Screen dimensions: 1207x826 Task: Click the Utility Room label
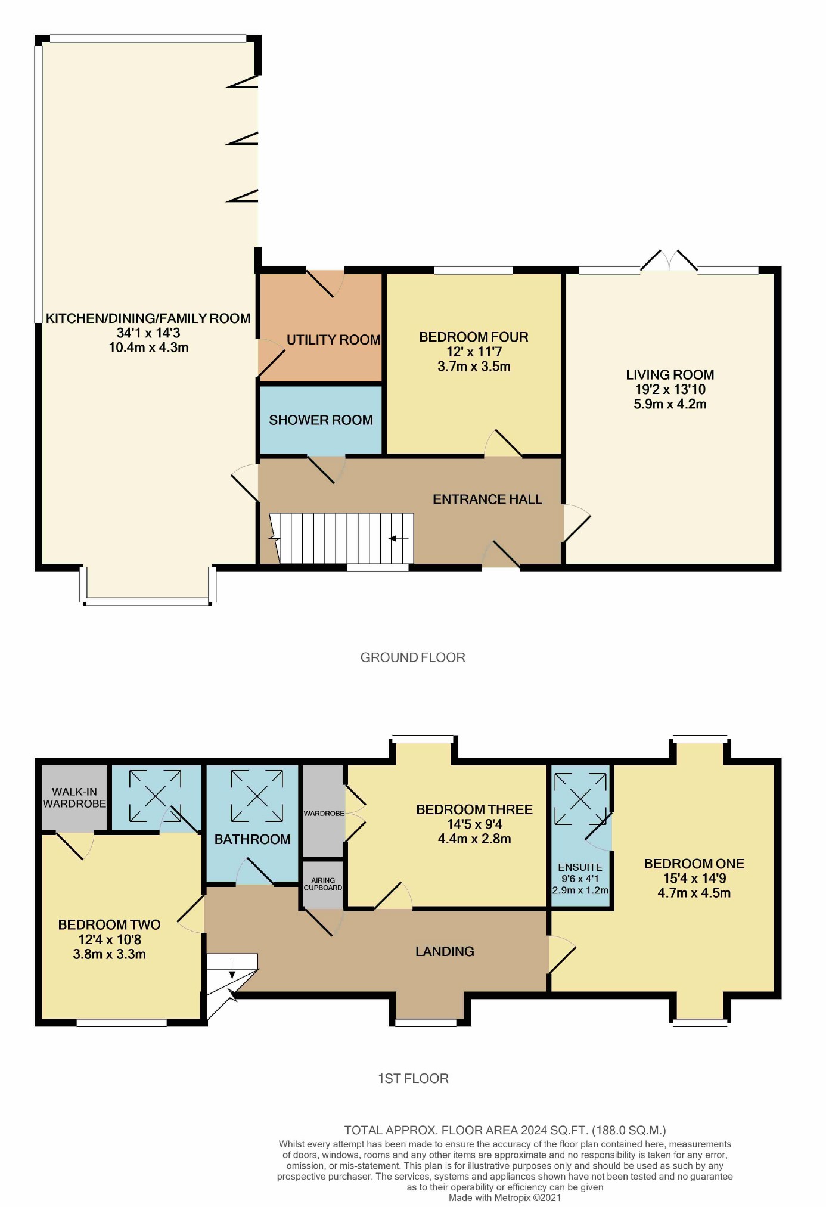pyautogui.click(x=333, y=340)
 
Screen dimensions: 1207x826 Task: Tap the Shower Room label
pyautogui.click(x=321, y=420)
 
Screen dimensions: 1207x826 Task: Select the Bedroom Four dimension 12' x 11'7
pyautogui.click(x=474, y=352)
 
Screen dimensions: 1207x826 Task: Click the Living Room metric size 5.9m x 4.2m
pyautogui.click(x=670, y=404)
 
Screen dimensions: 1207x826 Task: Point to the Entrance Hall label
pyautogui.click(x=487, y=499)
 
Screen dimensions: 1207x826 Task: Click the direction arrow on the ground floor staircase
pyautogui.click(x=399, y=539)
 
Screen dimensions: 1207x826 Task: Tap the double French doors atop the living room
pyautogui.click(x=669, y=261)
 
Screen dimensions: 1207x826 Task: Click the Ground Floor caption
pyautogui.click(x=412, y=657)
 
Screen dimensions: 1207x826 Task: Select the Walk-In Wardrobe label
pyautogui.click(x=74, y=798)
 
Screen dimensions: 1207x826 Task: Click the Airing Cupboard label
pyautogui.click(x=323, y=884)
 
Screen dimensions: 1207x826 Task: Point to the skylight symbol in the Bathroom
pyautogui.click(x=257, y=796)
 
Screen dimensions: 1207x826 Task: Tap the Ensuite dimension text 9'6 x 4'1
pyautogui.click(x=580, y=879)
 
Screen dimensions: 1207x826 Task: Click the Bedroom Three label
pyautogui.click(x=474, y=809)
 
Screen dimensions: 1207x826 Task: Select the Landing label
pyautogui.click(x=445, y=951)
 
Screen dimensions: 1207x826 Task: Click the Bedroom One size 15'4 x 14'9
pyautogui.click(x=694, y=878)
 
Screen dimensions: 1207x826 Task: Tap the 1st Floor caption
pyautogui.click(x=413, y=1078)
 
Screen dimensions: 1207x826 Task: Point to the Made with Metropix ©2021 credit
pyautogui.click(x=505, y=1197)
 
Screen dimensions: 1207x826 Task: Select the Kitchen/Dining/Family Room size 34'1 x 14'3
pyautogui.click(x=148, y=333)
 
